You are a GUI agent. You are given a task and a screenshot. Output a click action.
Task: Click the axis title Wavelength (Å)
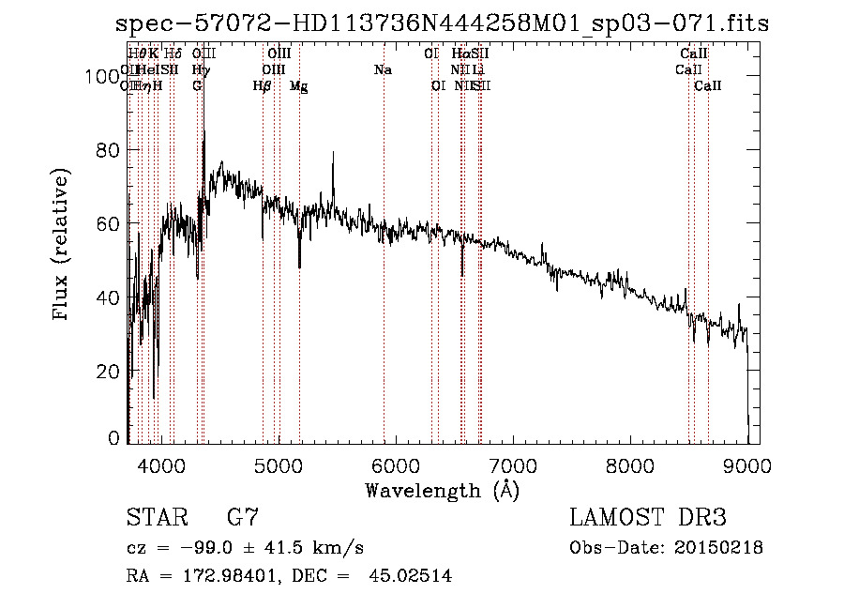441,490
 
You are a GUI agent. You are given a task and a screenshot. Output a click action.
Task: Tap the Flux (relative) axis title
63,246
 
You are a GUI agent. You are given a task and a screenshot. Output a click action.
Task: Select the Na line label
383,70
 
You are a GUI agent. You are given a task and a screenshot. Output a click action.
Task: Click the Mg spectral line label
298,86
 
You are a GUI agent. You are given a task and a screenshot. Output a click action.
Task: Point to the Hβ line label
263,86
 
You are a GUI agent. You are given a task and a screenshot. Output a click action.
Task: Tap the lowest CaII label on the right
707,86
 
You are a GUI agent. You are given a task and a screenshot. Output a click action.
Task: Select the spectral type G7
243,517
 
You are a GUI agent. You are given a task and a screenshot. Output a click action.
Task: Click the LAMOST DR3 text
647,517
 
